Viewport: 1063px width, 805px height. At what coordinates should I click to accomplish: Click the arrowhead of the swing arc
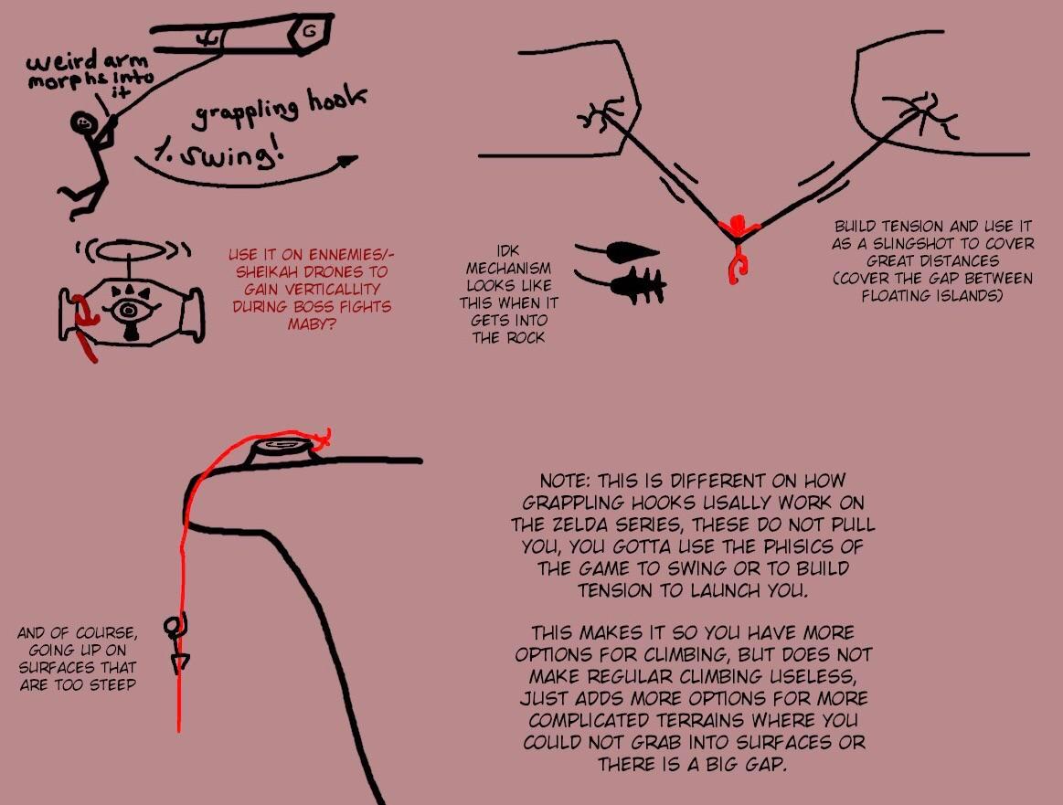click(x=345, y=162)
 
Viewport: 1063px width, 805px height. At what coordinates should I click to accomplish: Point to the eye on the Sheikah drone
click(x=128, y=311)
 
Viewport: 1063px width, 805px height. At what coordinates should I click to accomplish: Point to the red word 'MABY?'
click(x=309, y=323)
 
